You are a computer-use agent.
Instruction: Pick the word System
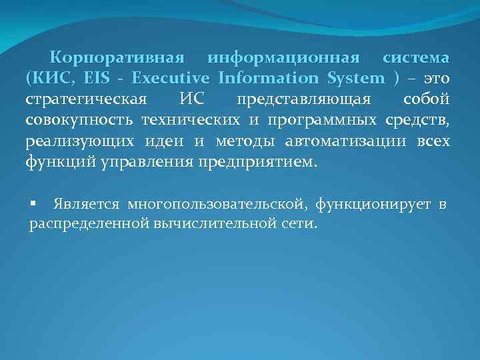[x=356, y=79]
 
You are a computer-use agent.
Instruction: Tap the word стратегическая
[x=86, y=100]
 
